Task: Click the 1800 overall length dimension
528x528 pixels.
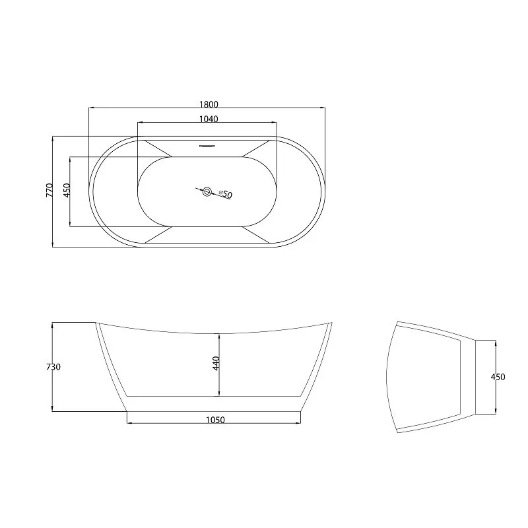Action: pos(209,104)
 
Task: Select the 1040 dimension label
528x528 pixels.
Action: pos(209,119)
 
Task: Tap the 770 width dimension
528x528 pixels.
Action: pos(49,190)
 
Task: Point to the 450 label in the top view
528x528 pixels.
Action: pos(67,190)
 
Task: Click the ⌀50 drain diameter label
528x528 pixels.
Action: pos(226,194)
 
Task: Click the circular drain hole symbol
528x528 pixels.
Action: pos(207,192)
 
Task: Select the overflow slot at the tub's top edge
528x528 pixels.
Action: pos(207,146)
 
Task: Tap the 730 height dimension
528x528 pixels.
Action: pos(53,367)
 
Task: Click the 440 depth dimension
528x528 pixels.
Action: pos(216,364)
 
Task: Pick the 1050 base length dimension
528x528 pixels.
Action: pos(215,420)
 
